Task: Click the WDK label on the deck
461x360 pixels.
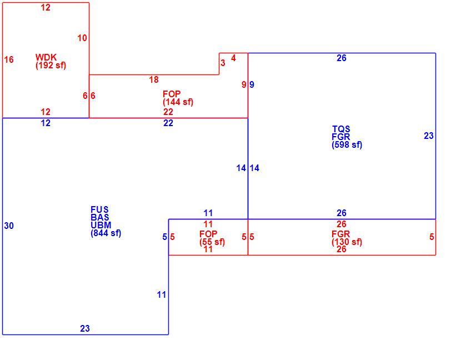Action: [46, 57]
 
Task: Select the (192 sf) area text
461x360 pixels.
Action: [51, 66]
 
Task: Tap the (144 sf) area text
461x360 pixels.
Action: [178, 102]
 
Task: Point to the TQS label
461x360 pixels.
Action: [341, 129]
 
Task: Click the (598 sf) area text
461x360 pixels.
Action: [347, 144]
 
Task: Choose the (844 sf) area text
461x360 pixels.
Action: [106, 233]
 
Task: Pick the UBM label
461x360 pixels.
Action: [101, 226]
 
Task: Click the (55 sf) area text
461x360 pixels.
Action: [212, 242]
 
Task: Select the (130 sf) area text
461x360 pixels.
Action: [347, 242]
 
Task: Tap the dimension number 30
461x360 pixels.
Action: [9, 226]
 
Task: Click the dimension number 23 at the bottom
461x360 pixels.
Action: [85, 328]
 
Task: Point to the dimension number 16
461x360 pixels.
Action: [9, 59]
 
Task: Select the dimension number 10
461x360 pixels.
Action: [82, 38]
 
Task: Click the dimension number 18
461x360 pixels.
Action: [154, 79]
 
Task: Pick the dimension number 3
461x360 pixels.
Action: [223, 63]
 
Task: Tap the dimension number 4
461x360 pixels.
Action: [233, 58]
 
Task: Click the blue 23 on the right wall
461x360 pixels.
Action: [429, 136]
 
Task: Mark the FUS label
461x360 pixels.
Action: [99, 209]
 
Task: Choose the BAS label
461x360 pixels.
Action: [100, 217]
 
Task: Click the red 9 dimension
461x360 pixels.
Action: [244, 84]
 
